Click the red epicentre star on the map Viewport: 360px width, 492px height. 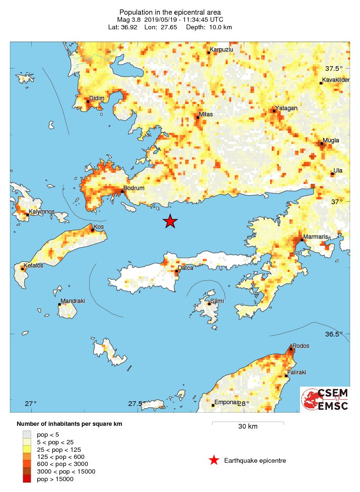point(170,221)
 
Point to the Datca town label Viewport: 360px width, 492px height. point(185,268)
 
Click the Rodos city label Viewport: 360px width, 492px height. point(301,346)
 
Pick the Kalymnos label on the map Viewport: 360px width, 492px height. point(42,212)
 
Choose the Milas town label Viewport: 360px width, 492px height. point(206,114)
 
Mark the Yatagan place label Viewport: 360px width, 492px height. point(287,108)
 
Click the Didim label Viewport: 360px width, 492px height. point(96,98)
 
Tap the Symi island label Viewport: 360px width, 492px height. point(217,301)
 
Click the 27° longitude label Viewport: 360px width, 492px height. point(31,404)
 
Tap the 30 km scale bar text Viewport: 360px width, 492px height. point(248,427)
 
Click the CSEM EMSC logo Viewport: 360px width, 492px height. point(325,399)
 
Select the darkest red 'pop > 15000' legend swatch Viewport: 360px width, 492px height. point(27,479)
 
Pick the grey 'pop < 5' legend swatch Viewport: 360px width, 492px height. point(27,434)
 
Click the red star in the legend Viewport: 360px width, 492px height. point(214,460)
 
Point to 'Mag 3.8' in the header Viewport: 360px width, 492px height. point(129,20)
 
